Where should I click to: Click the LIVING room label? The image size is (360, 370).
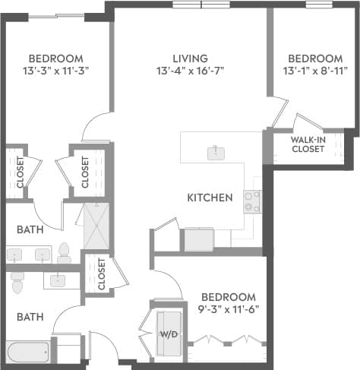point(189,58)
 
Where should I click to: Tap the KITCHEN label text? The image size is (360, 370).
point(210,198)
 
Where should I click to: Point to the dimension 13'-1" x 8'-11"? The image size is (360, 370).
point(315,71)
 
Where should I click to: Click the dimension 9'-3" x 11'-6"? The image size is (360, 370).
point(229,309)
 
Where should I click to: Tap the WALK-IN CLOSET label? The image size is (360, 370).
point(308,144)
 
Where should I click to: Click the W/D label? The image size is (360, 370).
point(168,334)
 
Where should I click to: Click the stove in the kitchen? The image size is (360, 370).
point(251,201)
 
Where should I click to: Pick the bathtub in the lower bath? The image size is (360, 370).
point(28,352)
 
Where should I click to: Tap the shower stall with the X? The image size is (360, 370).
point(96,226)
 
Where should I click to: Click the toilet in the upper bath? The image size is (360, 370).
point(65,251)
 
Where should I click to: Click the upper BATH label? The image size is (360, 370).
point(30,228)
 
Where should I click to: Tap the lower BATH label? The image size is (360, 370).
point(30,317)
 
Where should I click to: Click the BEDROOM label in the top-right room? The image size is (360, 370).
point(315,59)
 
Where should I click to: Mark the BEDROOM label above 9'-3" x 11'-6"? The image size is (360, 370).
point(229,296)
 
